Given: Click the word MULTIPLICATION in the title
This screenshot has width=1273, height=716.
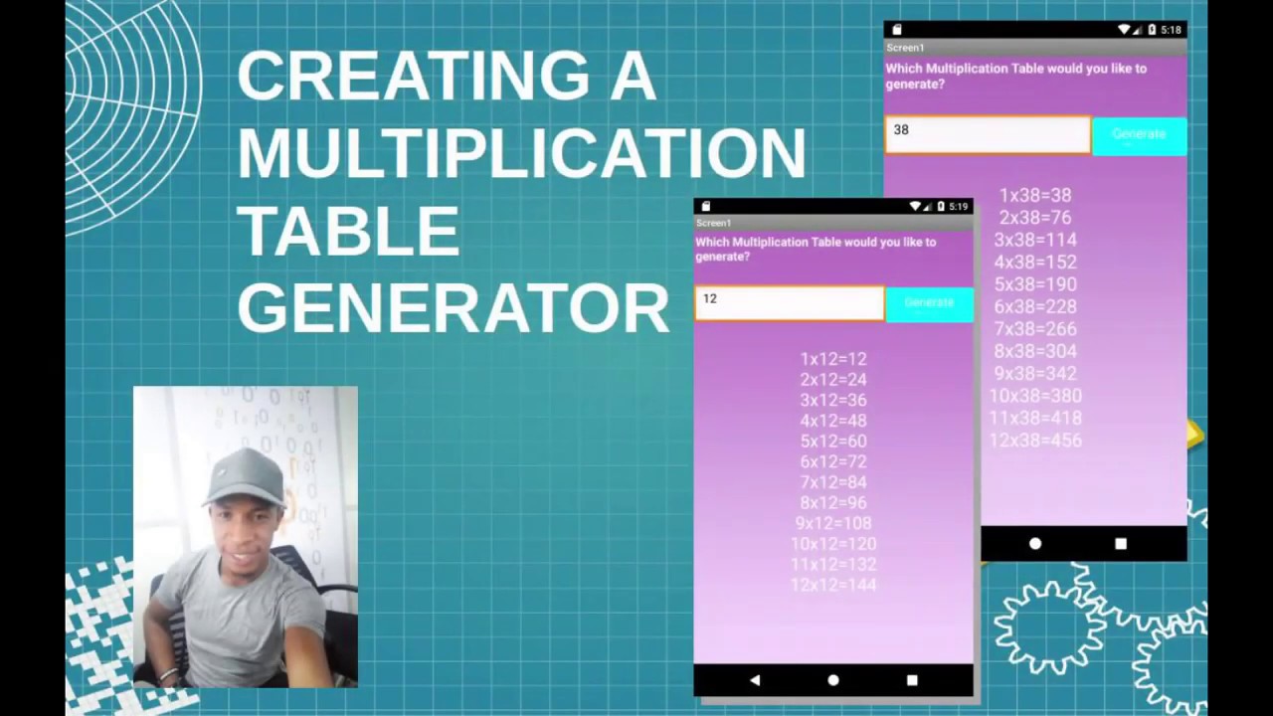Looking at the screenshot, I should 521,152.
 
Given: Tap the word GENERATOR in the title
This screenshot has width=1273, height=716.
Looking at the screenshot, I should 453,308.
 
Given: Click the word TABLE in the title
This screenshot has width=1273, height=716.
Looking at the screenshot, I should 348,231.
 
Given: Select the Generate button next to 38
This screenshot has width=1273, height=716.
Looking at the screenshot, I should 1139,135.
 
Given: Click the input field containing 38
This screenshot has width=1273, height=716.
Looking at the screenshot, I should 988,134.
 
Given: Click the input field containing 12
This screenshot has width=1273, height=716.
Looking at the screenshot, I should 789,302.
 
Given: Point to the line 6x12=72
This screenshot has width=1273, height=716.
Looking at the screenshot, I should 833,461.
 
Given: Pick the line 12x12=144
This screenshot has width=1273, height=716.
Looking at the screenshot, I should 833,585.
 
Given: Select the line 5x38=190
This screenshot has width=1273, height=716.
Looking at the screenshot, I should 1035,284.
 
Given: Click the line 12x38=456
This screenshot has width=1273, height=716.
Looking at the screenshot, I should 1035,441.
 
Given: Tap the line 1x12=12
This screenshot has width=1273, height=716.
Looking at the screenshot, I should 833,359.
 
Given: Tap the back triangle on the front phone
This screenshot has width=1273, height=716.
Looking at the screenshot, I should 755,680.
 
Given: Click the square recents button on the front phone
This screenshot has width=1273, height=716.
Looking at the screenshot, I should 912,680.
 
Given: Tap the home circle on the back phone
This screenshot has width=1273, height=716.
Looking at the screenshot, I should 1035,544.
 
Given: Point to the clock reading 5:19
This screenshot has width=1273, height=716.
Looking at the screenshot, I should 958,207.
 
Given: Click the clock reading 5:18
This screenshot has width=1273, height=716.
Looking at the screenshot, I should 1171,30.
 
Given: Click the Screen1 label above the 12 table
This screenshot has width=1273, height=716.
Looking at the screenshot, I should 714,223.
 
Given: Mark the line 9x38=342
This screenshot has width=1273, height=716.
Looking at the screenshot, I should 1035,374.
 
